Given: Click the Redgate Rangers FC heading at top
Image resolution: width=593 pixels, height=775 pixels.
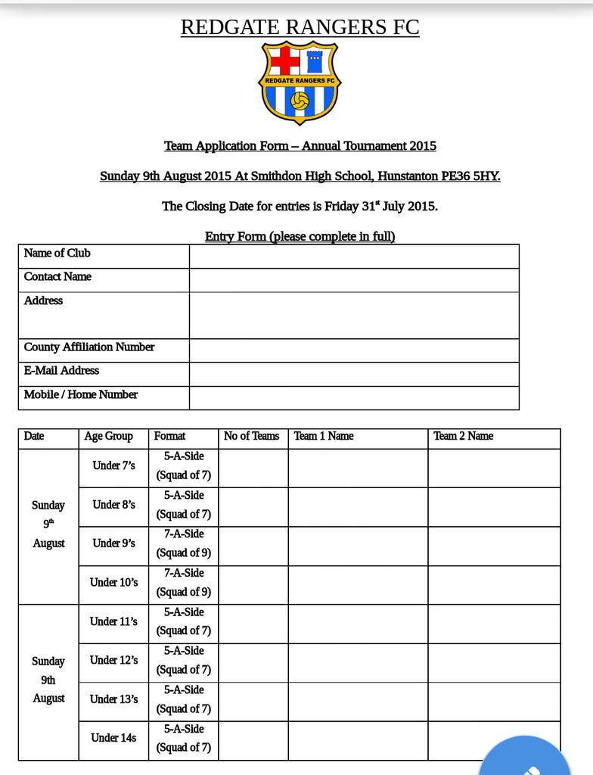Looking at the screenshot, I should pyautogui.click(x=300, y=27).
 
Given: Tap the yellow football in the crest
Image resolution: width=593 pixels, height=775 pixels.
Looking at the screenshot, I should pyautogui.click(x=300, y=101).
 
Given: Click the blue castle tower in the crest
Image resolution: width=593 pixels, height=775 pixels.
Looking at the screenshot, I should pyautogui.click(x=315, y=61).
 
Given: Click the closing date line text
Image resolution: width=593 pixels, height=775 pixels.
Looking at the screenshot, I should pyautogui.click(x=300, y=206).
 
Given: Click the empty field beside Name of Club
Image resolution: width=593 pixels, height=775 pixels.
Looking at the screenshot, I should pyautogui.click(x=354, y=256).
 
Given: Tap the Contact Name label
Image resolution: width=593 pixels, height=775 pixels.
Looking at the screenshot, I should pyautogui.click(x=57, y=277).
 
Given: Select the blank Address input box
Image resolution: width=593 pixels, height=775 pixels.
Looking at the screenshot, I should pyautogui.click(x=354, y=315).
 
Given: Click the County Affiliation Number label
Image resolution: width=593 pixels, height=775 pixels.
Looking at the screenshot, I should pyautogui.click(x=89, y=347).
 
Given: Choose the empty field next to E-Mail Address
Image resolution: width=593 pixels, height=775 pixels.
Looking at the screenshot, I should pyautogui.click(x=354, y=374).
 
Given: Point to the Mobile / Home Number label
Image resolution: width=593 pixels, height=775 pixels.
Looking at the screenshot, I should pyautogui.click(x=81, y=394).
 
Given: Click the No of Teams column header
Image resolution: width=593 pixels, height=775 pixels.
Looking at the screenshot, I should pyautogui.click(x=252, y=436).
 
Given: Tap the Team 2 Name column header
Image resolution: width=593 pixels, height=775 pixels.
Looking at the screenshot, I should pyautogui.click(x=463, y=436).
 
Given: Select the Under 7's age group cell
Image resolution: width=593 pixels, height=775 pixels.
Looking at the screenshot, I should pyautogui.click(x=113, y=466).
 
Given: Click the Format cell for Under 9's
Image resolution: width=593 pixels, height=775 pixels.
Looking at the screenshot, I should pyautogui.click(x=184, y=543).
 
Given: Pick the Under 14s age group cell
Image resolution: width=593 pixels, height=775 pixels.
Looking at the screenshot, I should pyautogui.click(x=113, y=737).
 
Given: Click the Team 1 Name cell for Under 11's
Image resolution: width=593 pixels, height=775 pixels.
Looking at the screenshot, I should pyautogui.click(x=358, y=622).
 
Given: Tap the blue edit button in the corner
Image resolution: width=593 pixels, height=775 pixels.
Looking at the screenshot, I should pyautogui.click(x=529, y=761).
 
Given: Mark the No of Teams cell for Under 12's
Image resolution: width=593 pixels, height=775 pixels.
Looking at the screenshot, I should pyautogui.click(x=253, y=661).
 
